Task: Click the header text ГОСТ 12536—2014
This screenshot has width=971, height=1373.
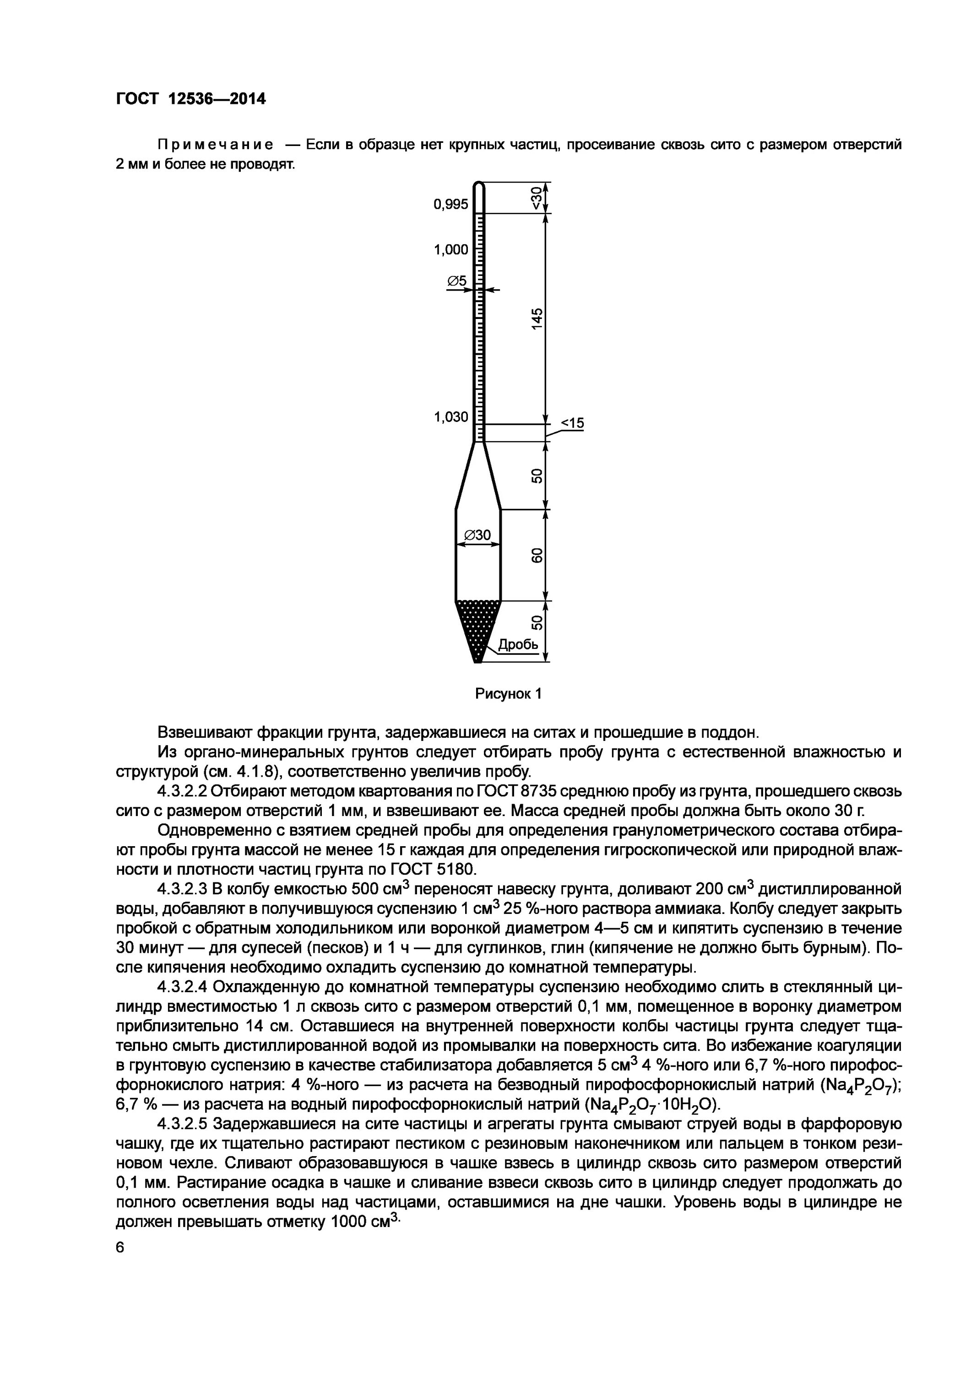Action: (x=190, y=99)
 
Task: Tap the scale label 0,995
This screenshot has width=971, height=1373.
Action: (x=450, y=205)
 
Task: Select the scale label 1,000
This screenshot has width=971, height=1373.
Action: (x=450, y=250)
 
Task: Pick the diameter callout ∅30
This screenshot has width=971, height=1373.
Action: (x=477, y=535)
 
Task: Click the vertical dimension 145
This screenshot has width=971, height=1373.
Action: (x=537, y=318)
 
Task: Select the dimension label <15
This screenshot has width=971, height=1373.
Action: (x=571, y=423)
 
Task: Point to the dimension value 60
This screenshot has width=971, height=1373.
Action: (x=537, y=555)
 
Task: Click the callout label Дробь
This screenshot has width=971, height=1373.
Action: (x=518, y=645)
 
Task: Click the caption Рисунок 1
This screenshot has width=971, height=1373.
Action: (x=508, y=694)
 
